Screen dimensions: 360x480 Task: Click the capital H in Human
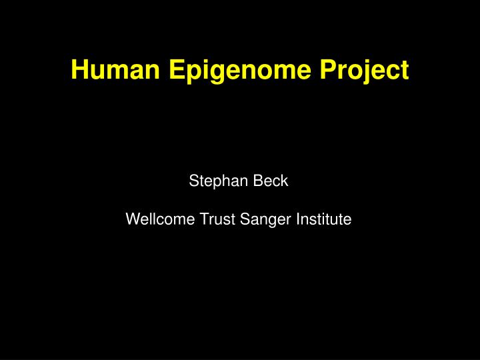[x=78, y=70]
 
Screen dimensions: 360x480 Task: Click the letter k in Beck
[x=284, y=181]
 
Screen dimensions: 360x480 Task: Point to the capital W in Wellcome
[x=132, y=218]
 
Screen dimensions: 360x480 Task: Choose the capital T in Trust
[x=203, y=218]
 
